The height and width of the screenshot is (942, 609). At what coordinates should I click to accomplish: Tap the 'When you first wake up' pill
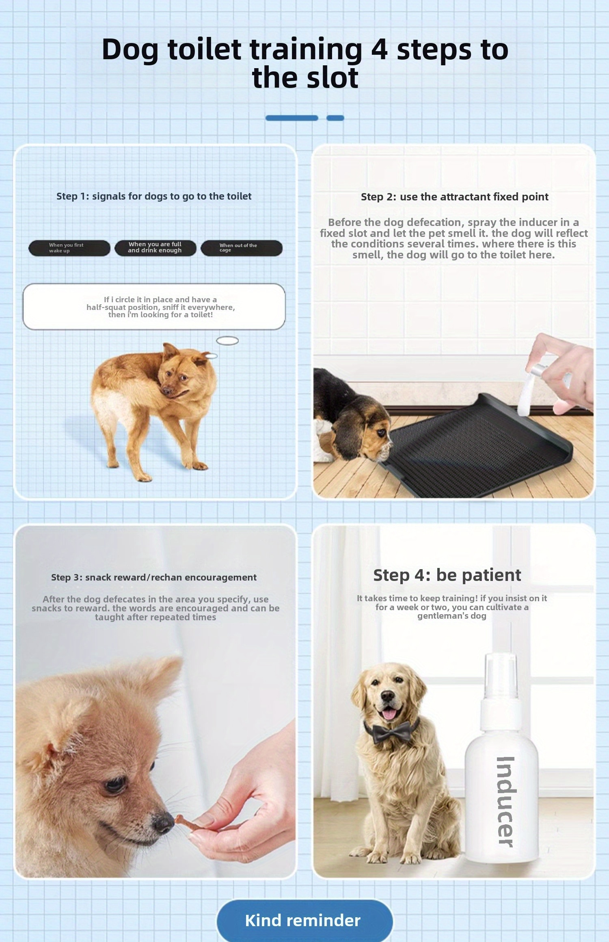(69, 248)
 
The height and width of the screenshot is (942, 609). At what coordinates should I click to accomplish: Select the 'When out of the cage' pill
(241, 248)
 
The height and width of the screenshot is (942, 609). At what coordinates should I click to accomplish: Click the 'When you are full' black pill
(155, 247)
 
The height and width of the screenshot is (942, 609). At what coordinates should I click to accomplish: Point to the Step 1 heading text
(154, 196)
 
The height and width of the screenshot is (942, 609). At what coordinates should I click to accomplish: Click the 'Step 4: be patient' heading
(447, 575)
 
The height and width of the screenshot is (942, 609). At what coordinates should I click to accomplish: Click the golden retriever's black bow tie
(391, 731)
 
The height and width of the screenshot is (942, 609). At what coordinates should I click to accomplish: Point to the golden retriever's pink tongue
(389, 714)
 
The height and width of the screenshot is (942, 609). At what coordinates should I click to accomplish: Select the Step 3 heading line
(154, 577)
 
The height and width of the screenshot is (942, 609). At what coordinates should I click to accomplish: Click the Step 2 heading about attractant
(454, 197)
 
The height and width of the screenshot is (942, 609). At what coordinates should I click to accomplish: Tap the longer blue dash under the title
(292, 118)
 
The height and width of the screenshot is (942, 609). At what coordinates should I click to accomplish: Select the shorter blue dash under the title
(335, 118)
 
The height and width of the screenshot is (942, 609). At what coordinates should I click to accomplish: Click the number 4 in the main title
(379, 49)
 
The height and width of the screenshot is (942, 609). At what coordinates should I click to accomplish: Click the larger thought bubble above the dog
(227, 341)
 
